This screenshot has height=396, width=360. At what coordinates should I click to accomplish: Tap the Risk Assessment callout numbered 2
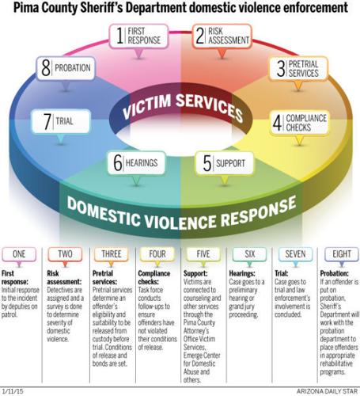(x=225, y=36)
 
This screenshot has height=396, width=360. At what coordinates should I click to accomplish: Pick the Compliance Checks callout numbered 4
(x=305, y=124)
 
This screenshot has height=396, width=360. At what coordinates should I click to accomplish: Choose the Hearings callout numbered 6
(x=135, y=164)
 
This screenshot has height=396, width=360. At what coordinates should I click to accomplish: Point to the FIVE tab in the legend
(x=202, y=256)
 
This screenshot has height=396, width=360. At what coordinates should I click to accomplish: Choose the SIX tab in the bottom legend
(x=246, y=256)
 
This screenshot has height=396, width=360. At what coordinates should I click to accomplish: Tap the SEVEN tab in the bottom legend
(x=290, y=256)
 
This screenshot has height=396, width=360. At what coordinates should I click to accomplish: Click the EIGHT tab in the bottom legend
(x=335, y=256)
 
